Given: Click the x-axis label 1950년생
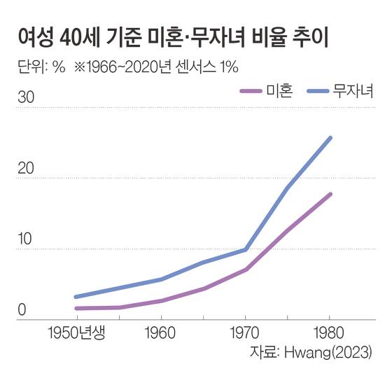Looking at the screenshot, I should pyautogui.click(x=76, y=332).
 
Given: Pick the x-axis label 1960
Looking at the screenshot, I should pyautogui.click(x=161, y=332).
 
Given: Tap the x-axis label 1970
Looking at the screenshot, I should pyautogui.click(x=245, y=332).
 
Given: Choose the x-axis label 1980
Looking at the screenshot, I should pyautogui.click(x=330, y=332).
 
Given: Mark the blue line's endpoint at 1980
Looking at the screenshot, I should pyautogui.click(x=330, y=138).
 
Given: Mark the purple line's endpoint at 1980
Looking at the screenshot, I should pyautogui.click(x=330, y=194).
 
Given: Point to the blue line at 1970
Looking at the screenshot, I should pyautogui.click(x=246, y=249).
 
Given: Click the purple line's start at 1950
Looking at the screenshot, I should pyautogui.click(x=76, y=308).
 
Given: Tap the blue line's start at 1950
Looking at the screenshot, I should pyautogui.click(x=76, y=297).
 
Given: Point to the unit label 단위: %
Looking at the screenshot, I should pyautogui.click(x=41, y=67).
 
